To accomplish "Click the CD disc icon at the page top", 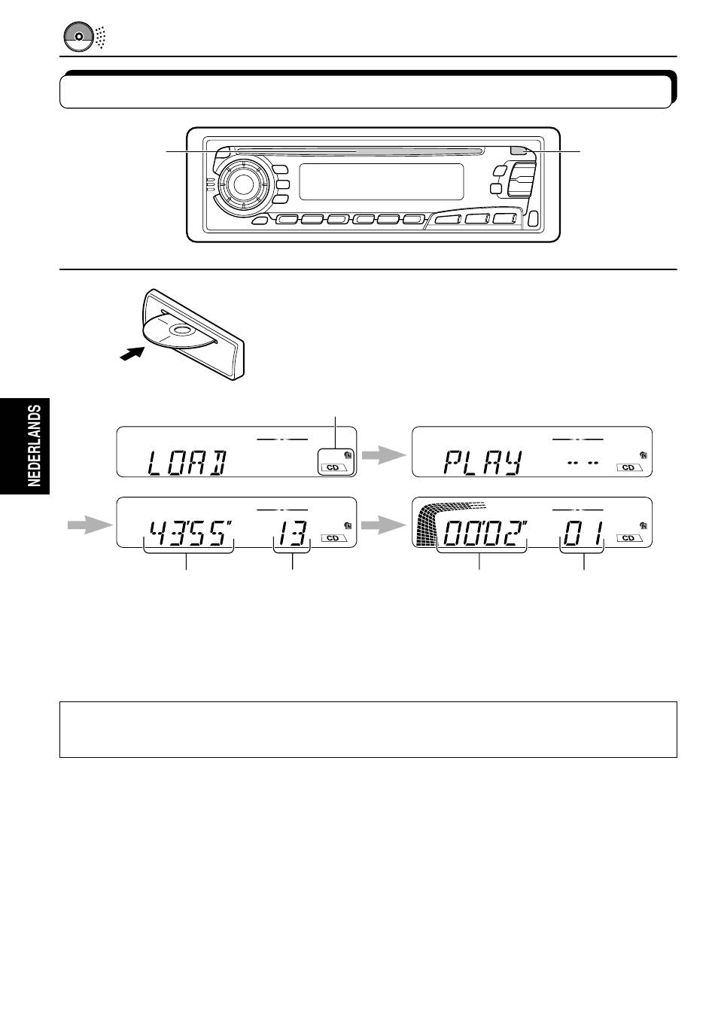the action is pos(79,36).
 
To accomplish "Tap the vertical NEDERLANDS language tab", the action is pos(35,446).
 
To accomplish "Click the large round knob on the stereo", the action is pos(242,183).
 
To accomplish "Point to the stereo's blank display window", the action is pos(382,182).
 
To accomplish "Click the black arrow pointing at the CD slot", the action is pos(132,352).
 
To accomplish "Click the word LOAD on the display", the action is pos(187,463).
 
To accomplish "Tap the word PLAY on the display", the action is pos(482,463).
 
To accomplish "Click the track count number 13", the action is pos(293,533).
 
